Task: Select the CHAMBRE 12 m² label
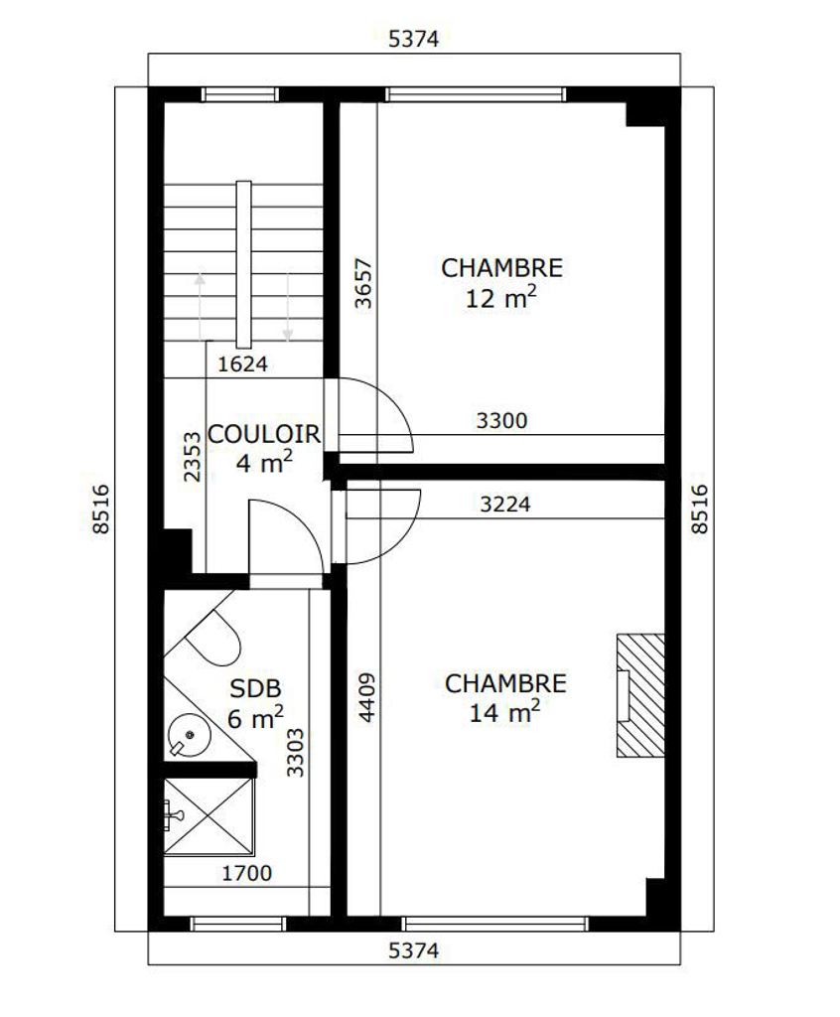(x=501, y=283)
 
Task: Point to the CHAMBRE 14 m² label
(x=505, y=698)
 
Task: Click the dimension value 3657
(x=363, y=283)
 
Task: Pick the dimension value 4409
(x=366, y=698)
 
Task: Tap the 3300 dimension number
(x=501, y=421)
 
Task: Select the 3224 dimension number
(x=504, y=504)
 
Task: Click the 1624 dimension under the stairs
(x=242, y=364)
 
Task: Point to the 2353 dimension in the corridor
(x=193, y=457)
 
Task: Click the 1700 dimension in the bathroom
(x=246, y=874)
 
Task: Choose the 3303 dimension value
(x=295, y=753)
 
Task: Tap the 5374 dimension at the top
(x=413, y=39)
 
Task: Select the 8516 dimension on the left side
(x=101, y=509)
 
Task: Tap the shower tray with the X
(x=209, y=816)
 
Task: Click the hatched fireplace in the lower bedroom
(x=640, y=695)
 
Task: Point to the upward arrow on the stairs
(x=200, y=306)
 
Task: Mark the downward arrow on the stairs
(x=287, y=306)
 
